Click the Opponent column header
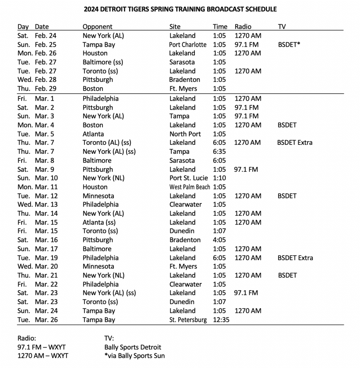pyautogui.click(x=97, y=27)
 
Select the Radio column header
pyautogui.click(x=243, y=27)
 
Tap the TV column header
pyautogui.click(x=282, y=27)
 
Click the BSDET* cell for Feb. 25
pyautogui.click(x=289, y=45)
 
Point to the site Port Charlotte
pyautogui.click(x=188, y=45)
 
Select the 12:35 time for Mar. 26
pyautogui.click(x=221, y=319)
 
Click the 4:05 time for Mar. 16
pyautogui.click(x=219, y=240)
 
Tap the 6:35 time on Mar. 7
pyautogui.click(x=219, y=152)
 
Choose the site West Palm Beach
pyautogui.click(x=190, y=187)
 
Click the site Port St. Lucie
pyautogui.click(x=188, y=178)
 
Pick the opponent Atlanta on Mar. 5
pyautogui.click(x=93, y=134)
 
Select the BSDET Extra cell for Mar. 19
pyautogui.click(x=295, y=258)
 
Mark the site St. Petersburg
pyautogui.click(x=188, y=319)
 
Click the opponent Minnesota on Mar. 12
pyautogui.click(x=98, y=196)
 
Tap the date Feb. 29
pyautogui.click(x=46, y=89)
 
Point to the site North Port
pyautogui.click(x=185, y=134)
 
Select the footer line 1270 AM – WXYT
pyautogui.click(x=43, y=356)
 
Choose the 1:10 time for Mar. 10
pyautogui.click(x=219, y=178)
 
